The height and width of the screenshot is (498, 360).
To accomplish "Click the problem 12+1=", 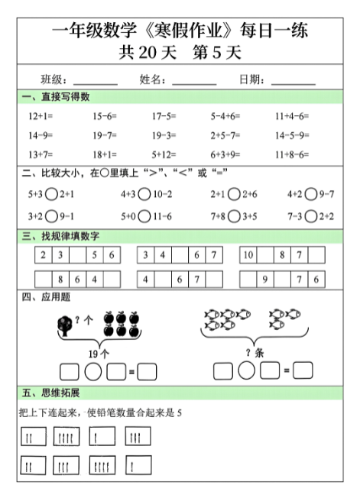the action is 40,116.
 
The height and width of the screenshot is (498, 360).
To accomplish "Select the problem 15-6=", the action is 104,116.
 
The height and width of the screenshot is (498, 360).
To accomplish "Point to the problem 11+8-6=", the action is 291,154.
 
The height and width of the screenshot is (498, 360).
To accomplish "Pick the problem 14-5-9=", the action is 291,135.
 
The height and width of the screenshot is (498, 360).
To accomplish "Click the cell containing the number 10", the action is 248,254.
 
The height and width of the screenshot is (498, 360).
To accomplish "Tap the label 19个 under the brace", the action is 100,354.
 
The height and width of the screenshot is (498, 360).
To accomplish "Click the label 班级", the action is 54,79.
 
